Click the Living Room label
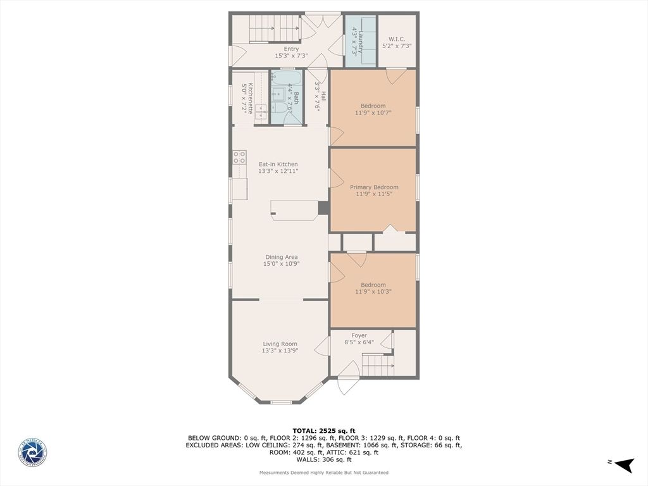[x=280, y=344]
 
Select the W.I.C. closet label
[x=397, y=39]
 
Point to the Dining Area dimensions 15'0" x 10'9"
[x=281, y=264]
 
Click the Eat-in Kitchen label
[x=278, y=165]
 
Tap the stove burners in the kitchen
[x=239, y=157]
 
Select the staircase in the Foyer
[x=377, y=364]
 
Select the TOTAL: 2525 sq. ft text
[x=323, y=430]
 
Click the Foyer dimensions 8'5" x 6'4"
[x=359, y=342]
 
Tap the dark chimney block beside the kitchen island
[x=323, y=208]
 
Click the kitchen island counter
[x=294, y=210]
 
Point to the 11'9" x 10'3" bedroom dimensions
[x=373, y=292]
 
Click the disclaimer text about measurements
[x=323, y=473]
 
